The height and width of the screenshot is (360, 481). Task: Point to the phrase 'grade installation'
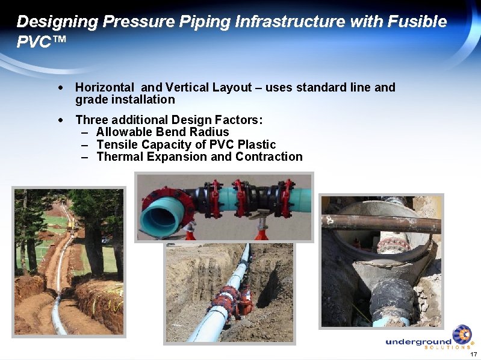coord(125,99)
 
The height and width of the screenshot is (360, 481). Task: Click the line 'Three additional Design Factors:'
coord(169,120)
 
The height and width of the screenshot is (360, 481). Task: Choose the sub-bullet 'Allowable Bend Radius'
coord(163,132)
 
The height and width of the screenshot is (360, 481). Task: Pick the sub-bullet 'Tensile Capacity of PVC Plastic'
coord(185,144)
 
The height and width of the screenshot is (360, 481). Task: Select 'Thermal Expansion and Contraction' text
coord(199,157)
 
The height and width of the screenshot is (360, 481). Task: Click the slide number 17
coord(474,354)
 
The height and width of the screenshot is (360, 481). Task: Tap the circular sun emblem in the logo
coord(462,334)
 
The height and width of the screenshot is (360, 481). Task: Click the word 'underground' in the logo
coord(418,342)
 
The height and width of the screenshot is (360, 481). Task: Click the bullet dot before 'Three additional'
coord(61,120)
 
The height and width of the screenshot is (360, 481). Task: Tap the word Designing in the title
coord(57,22)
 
